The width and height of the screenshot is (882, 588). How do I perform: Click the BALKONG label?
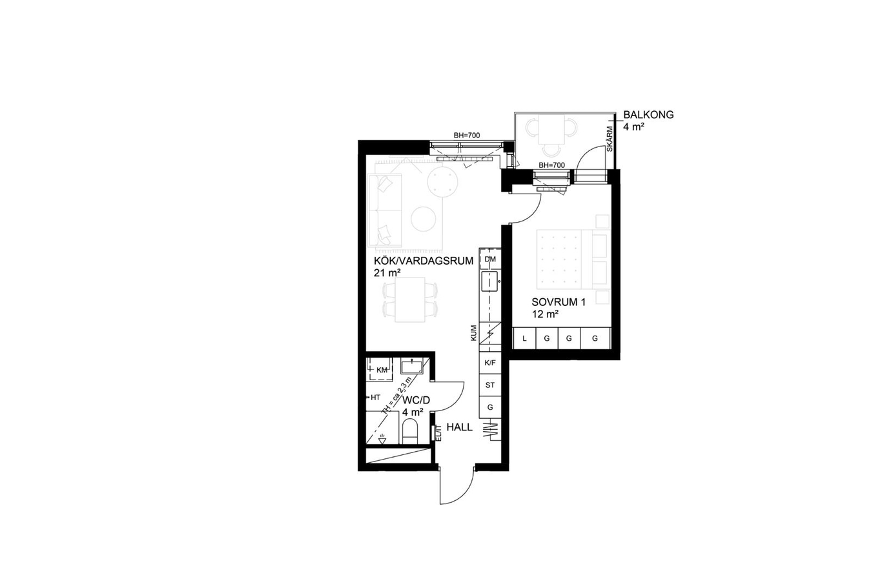(x=648, y=115)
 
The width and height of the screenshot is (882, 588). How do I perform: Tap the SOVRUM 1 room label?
(x=559, y=302)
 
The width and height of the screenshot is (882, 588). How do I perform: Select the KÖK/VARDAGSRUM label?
(x=424, y=261)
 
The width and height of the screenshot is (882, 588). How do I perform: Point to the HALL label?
(x=460, y=427)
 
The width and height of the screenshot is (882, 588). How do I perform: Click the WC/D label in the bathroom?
(x=416, y=401)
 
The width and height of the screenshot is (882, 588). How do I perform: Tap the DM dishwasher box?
(x=490, y=259)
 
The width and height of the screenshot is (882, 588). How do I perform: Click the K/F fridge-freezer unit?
(x=490, y=363)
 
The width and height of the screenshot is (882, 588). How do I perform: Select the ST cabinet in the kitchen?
(x=490, y=385)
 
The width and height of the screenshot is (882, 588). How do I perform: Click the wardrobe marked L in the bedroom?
(x=524, y=338)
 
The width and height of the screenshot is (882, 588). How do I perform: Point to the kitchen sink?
(x=489, y=281)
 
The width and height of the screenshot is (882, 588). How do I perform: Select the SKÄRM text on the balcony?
(x=610, y=139)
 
